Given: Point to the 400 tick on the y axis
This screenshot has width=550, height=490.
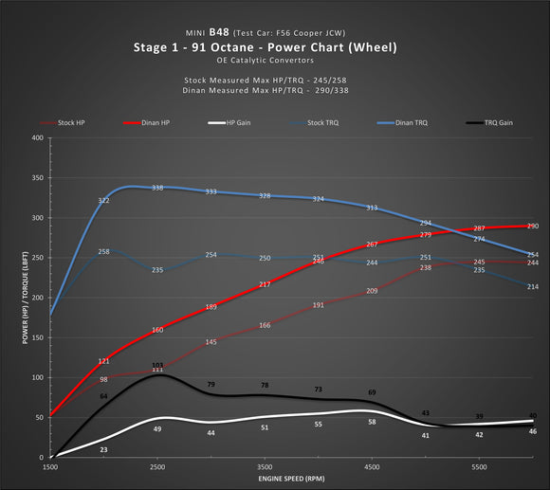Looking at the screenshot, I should (37, 138).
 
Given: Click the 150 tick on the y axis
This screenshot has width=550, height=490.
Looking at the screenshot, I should (37, 337).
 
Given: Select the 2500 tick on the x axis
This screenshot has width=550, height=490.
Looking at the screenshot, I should (157, 468).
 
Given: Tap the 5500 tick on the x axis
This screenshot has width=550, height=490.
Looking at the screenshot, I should (479, 468).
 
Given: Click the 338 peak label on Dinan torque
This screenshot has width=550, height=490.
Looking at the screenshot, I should (157, 188).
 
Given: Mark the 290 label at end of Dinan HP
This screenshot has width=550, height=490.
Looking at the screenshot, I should (532, 227).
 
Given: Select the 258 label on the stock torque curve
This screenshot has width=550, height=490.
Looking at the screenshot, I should (103, 252).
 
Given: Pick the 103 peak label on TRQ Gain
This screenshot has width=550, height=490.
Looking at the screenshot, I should (157, 366).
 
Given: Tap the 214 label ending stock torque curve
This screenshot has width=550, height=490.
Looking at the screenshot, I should (532, 287).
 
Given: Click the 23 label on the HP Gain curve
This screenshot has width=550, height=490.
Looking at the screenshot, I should (103, 450).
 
